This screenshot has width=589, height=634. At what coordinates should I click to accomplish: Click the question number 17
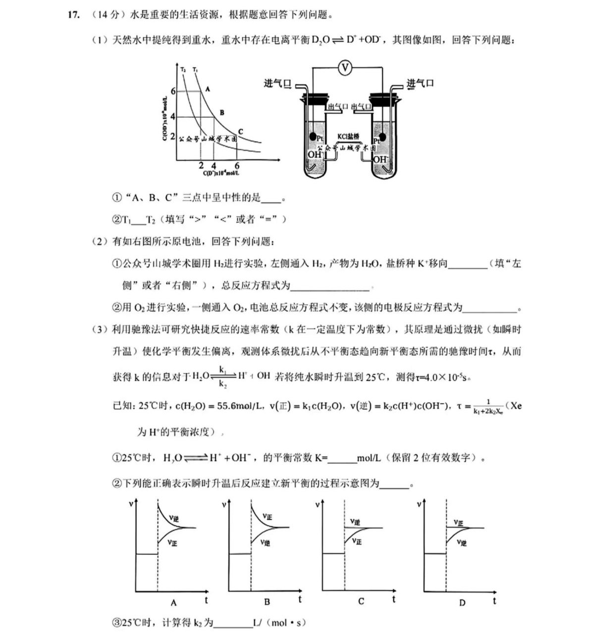point(73,15)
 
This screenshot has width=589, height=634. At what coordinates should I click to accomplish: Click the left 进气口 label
point(277,84)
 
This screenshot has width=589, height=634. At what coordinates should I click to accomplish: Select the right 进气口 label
point(420,84)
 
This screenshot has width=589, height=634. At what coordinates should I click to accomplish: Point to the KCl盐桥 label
point(348,137)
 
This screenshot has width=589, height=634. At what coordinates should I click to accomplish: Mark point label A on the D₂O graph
point(208,90)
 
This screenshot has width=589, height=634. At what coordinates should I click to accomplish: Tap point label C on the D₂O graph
point(240,132)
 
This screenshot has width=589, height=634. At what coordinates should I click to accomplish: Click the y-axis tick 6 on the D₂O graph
point(173,92)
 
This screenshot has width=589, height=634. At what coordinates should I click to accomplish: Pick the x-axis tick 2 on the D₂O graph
point(201,166)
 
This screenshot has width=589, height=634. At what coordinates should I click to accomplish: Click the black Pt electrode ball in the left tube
point(313,137)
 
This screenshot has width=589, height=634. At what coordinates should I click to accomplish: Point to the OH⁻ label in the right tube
point(380,159)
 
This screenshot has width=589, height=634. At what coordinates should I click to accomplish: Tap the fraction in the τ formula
point(488,406)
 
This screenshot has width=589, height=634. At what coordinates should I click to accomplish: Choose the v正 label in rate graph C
point(357,541)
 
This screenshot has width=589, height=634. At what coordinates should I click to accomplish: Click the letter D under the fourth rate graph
point(462,603)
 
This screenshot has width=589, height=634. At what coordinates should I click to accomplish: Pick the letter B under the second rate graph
point(267,602)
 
